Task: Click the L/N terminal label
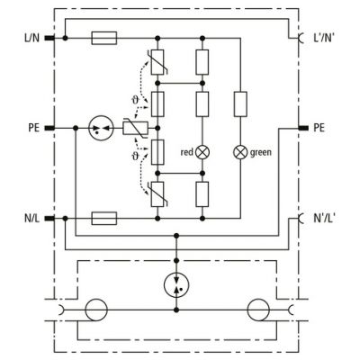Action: pos(31,38)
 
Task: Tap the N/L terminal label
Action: pos(31,218)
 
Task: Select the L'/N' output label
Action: pos(324,38)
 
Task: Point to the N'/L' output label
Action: pos(324,218)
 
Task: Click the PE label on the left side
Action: pos(34,128)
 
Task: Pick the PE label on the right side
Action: pos(319,128)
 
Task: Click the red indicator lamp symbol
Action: pos(202,152)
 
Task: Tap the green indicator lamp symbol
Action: pos(240,152)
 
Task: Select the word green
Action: pos(261,153)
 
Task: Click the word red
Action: pos(186,152)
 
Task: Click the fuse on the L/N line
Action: pos(103,38)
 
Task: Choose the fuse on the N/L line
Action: pos(103,218)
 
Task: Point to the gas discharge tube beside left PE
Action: pos(102,128)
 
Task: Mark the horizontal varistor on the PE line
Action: pos(135,128)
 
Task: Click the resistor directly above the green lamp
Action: pos(240,104)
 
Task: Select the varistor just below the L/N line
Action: pos(157,62)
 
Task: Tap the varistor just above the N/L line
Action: pos(157,194)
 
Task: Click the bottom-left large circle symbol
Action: pos(96,310)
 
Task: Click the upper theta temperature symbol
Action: pos(135,100)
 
